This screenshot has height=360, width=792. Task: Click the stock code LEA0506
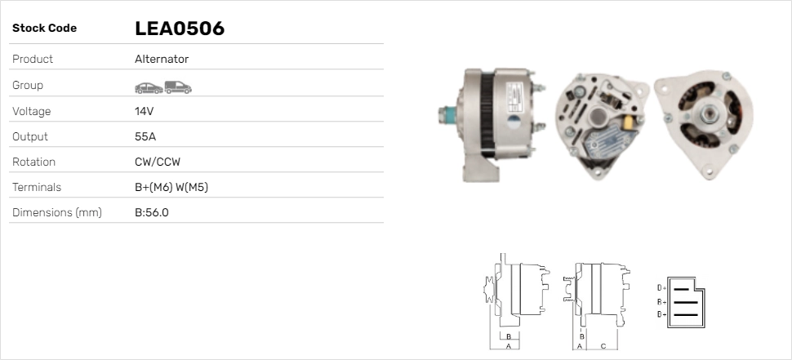[180, 29]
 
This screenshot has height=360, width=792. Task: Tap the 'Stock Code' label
[44, 29]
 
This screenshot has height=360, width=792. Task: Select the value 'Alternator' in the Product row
[162, 59]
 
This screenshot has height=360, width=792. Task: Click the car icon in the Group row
[149, 88]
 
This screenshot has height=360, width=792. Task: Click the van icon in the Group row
[178, 87]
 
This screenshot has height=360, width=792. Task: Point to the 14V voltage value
[144, 111]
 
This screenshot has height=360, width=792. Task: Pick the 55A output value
[145, 137]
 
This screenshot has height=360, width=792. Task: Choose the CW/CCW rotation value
[158, 162]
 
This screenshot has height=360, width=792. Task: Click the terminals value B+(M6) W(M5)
[171, 187]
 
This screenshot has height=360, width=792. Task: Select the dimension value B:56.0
[152, 212]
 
